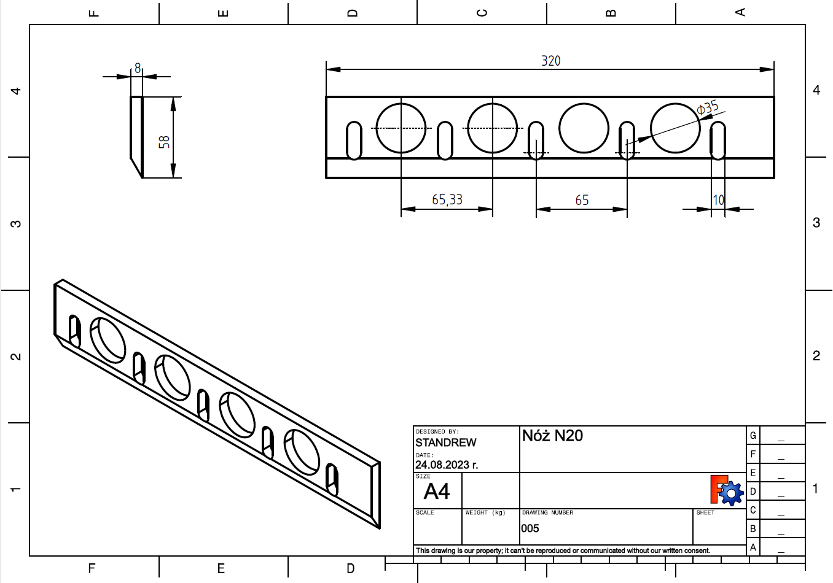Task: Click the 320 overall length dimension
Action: point(551,61)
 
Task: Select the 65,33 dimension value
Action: point(447,200)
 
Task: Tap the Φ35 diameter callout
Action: point(707,108)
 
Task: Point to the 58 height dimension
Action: point(164,142)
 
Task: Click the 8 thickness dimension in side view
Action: point(138,68)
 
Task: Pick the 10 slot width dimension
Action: point(719,200)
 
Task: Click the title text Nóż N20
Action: point(552,436)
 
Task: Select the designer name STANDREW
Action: point(445,442)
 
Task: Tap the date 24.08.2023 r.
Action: point(446,465)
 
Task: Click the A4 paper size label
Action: point(437,491)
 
